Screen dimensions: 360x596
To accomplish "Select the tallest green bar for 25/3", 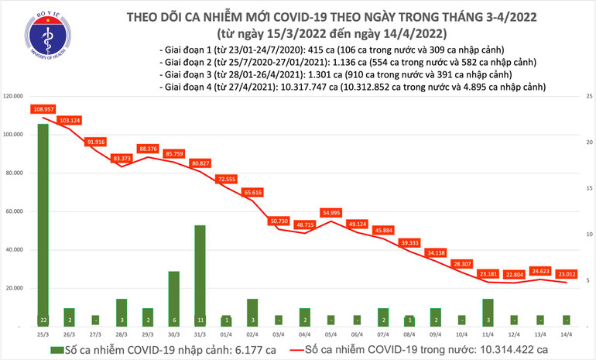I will point(43,225).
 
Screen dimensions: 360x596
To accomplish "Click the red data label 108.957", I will point(43,109).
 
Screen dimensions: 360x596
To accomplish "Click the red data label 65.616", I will point(252,191).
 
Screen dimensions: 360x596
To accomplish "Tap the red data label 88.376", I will point(148,148).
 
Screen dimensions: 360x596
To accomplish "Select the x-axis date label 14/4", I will point(567,335).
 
